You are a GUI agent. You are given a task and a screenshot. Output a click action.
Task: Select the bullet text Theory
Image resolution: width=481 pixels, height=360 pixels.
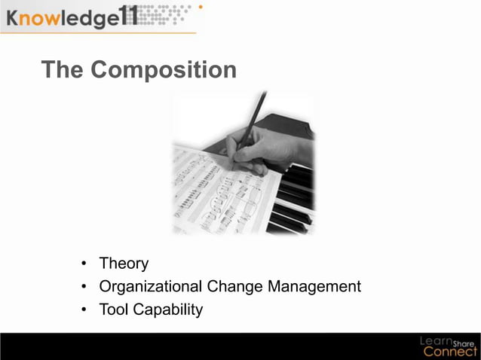[124, 264]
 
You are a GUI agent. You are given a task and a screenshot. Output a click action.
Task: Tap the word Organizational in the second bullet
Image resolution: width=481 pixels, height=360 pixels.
[151, 286]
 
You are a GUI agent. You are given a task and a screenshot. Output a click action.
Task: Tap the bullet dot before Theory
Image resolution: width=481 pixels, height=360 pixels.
[84, 264]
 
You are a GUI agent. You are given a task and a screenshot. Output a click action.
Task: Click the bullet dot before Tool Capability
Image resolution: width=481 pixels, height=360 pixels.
[84, 310]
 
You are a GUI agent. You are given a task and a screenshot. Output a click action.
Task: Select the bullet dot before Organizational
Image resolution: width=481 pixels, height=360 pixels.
[84, 287]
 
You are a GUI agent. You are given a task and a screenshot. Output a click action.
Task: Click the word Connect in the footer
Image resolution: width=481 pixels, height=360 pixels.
[449, 351]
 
